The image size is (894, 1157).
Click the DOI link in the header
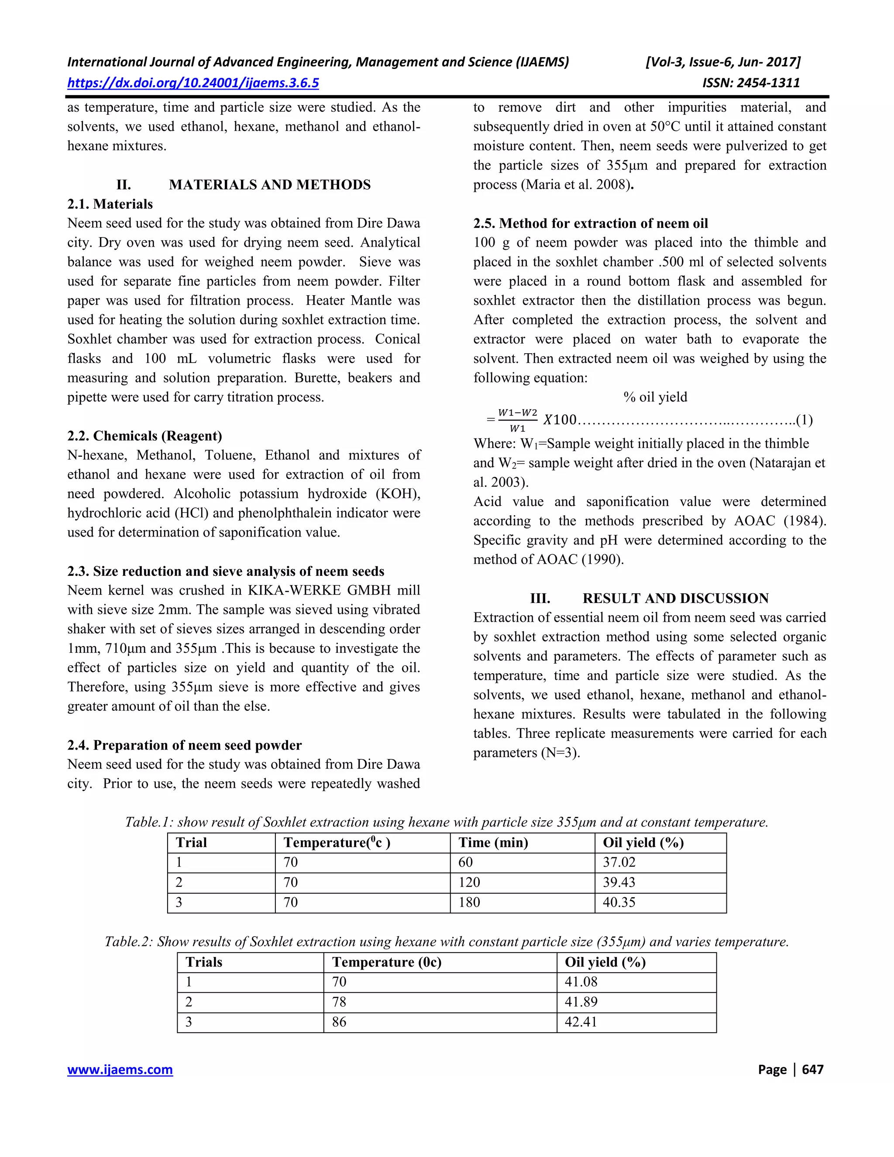(193, 83)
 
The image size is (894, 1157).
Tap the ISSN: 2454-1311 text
(750, 83)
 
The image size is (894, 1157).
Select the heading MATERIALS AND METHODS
(270, 185)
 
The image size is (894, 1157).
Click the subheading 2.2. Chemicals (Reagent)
(144, 436)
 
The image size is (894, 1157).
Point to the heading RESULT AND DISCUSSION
(675, 598)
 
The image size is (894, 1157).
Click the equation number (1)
(804, 420)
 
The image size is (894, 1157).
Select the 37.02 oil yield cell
(619, 862)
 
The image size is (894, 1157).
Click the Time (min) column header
(493, 843)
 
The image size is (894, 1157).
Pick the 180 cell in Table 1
(469, 902)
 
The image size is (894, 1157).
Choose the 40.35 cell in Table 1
(619, 902)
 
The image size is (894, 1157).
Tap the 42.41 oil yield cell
(581, 1022)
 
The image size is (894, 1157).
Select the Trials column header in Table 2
(204, 962)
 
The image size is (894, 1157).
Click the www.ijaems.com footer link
(120, 1070)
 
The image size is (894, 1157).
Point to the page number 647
(812, 1070)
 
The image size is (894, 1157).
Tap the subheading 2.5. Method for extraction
(591, 223)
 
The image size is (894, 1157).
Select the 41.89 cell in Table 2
(581, 1002)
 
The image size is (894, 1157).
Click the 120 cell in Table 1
(469, 882)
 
